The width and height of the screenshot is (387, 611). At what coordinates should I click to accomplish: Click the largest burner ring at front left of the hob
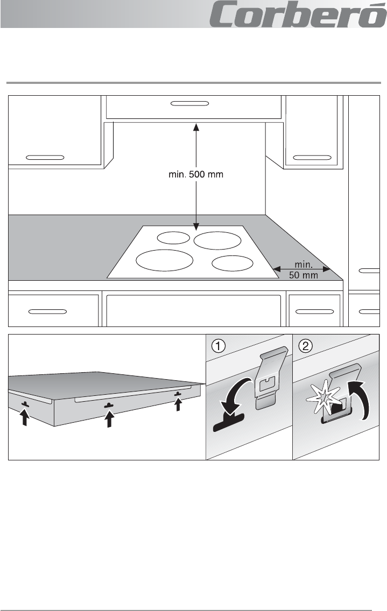[x=164, y=259]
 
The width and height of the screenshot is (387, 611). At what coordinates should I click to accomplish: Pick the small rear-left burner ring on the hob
[x=173, y=237]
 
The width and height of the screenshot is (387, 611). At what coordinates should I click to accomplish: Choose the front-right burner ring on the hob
[x=233, y=263]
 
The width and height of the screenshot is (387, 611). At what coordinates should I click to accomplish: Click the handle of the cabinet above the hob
[x=189, y=104]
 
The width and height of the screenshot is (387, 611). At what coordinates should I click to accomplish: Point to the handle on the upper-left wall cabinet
[x=45, y=158]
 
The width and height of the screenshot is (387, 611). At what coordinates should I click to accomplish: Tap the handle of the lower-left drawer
[x=47, y=311]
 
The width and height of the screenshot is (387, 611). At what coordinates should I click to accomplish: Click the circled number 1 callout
[x=218, y=346]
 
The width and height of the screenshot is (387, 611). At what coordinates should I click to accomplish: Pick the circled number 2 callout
[x=306, y=346]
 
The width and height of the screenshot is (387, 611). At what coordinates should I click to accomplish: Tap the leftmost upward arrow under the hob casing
[x=24, y=416]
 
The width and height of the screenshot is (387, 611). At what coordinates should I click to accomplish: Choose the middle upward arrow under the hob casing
[x=109, y=418]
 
